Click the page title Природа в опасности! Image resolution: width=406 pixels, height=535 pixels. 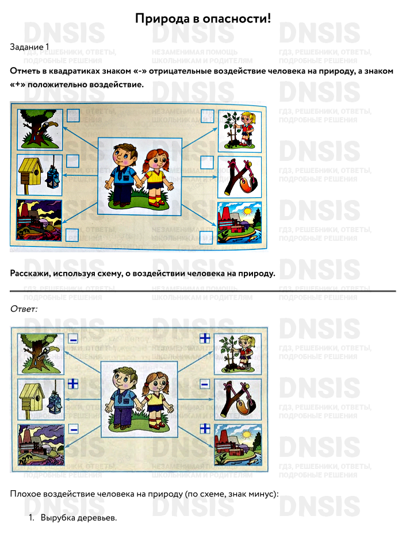coord(203,18)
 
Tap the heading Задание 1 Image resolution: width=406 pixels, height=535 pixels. coord(29,47)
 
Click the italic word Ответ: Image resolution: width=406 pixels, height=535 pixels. coord(24,309)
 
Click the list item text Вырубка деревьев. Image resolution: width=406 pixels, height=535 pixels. coord(79,518)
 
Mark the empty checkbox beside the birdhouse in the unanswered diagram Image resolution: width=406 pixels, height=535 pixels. coord(72,161)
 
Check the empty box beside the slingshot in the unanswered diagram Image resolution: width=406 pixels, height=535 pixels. coord(206,163)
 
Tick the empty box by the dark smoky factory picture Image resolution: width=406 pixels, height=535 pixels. coord(72,234)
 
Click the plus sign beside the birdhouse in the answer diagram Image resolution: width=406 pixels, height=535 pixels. coord(73,384)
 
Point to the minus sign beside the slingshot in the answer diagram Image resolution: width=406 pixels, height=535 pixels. coord(205,384)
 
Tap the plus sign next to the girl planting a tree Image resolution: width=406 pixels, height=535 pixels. coord(205,338)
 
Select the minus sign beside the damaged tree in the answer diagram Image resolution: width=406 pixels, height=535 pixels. coord(73,339)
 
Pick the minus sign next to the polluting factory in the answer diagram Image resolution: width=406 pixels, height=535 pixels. coord(74,429)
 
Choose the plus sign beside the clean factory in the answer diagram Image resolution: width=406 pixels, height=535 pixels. coord(205,428)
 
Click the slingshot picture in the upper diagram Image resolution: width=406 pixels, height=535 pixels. coord(239,178)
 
